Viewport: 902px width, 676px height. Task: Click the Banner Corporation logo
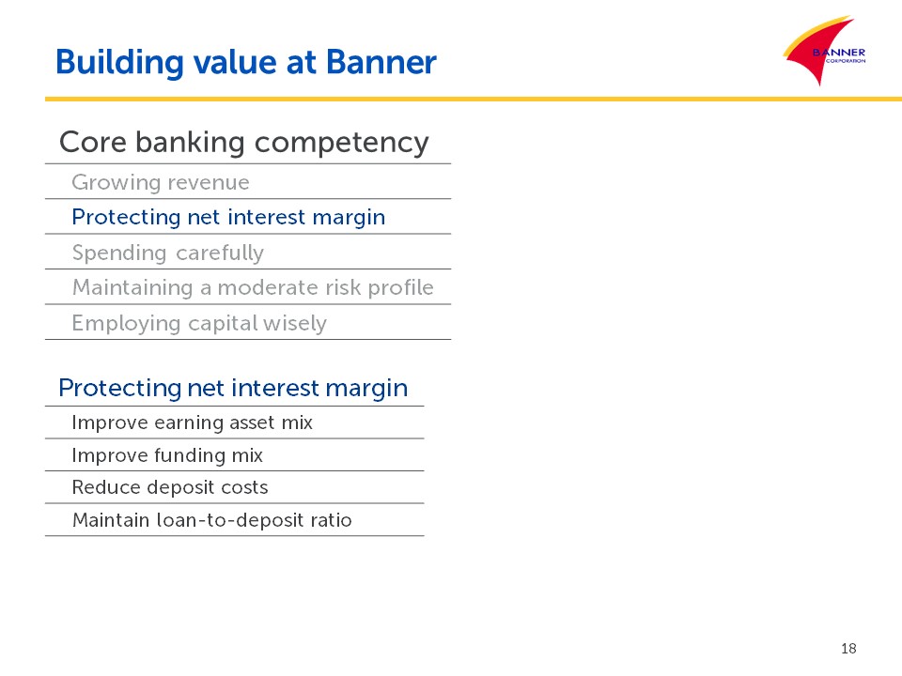(x=825, y=51)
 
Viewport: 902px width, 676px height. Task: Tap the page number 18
(x=848, y=649)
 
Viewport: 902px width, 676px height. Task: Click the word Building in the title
(x=119, y=63)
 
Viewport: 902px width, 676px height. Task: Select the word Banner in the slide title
(x=381, y=62)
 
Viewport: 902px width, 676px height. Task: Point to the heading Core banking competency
(x=244, y=143)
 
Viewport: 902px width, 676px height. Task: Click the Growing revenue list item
(x=161, y=183)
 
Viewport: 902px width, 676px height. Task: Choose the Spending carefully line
(x=168, y=253)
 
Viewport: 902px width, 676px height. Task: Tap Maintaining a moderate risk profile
(x=253, y=287)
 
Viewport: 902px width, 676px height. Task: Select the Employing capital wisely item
(x=199, y=324)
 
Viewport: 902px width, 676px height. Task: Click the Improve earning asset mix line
(x=192, y=422)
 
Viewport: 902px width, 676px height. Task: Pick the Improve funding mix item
(x=167, y=455)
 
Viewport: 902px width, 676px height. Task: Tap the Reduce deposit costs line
(x=170, y=487)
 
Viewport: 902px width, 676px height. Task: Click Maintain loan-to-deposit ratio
(x=211, y=520)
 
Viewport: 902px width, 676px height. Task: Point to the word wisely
(x=294, y=324)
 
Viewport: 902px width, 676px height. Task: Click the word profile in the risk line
(x=400, y=287)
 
